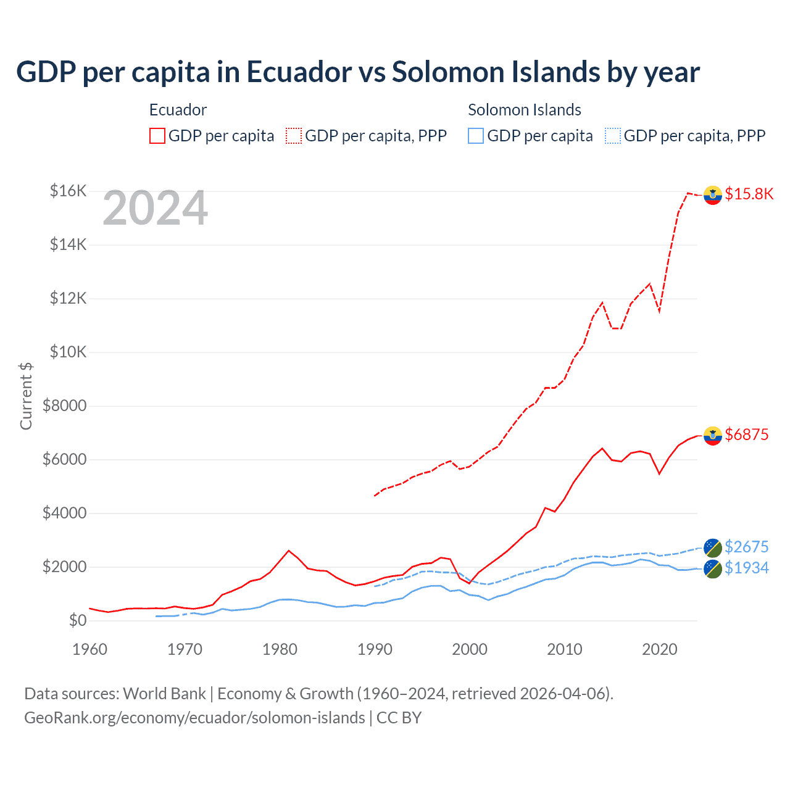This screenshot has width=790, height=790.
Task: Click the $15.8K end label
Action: [x=749, y=194]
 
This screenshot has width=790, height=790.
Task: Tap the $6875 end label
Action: [x=746, y=434]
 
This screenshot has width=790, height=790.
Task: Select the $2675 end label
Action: [x=746, y=547]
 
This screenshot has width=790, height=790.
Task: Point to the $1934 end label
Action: [x=746, y=568]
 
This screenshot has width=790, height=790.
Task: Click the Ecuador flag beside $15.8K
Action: [x=713, y=194]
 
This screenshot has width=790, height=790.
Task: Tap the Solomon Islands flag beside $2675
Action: [x=713, y=547]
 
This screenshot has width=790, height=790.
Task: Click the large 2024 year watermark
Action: [x=155, y=208]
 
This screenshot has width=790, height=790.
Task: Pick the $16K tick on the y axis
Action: [x=68, y=191]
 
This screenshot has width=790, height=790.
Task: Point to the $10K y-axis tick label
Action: [x=68, y=352]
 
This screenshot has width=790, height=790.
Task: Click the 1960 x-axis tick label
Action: [x=90, y=649]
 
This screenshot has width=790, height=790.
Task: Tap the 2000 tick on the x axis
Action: [x=470, y=649]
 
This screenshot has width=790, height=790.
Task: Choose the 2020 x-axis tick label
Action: [x=660, y=649]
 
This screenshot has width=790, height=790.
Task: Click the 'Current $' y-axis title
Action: [x=26, y=396]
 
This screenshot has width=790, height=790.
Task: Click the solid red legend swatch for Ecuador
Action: [x=157, y=136]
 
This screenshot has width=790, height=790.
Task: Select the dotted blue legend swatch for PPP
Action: [x=612, y=136]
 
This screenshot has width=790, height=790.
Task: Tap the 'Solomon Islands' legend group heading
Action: [x=524, y=110]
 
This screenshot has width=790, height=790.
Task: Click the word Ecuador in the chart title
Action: [x=299, y=72]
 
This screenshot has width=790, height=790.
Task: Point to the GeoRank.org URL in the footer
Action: [x=194, y=718]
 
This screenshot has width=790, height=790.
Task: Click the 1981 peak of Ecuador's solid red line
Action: [x=289, y=551]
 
